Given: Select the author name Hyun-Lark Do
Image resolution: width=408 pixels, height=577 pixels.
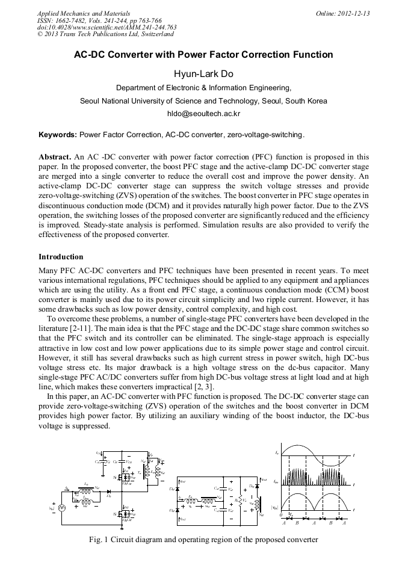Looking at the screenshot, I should [x=203, y=74].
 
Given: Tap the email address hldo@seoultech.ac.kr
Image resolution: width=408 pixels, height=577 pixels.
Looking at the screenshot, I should [x=203, y=113].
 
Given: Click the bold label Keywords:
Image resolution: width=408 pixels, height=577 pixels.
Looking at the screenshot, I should [x=58, y=134].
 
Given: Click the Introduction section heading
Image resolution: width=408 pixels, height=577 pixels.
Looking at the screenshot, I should [x=61, y=257].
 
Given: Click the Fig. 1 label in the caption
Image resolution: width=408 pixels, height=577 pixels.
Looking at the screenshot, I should [x=97, y=539].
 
